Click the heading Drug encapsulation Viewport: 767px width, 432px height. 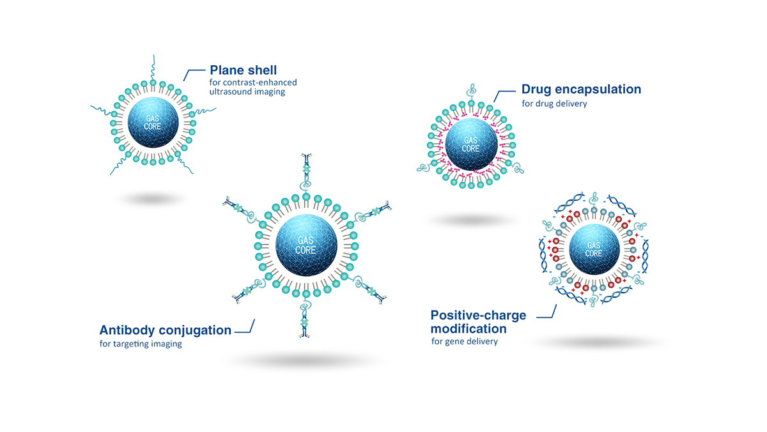tap(581, 89)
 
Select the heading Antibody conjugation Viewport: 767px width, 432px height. tap(165, 330)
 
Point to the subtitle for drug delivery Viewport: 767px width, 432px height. tap(554, 103)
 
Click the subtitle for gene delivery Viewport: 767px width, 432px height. tap(464, 341)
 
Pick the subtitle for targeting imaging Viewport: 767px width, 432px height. tap(141, 344)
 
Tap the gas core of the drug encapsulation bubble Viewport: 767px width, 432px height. tap(471, 144)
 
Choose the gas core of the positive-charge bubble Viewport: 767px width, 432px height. tap(593, 249)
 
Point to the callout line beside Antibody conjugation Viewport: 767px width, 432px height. tap(246, 329)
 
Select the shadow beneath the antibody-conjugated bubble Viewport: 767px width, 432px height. tap(306, 361)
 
